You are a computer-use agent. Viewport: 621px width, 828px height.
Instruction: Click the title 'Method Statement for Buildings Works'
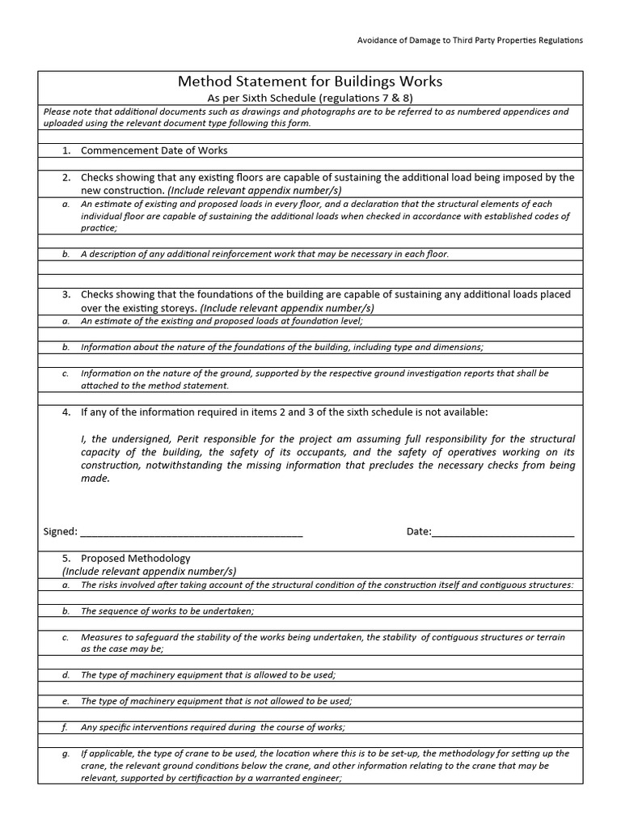click(310, 82)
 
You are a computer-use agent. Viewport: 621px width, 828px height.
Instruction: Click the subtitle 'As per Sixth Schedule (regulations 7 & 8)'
click(310, 98)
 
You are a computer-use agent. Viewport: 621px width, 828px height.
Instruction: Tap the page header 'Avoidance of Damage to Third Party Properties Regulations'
click(469, 40)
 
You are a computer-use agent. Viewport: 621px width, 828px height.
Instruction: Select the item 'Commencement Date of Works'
click(154, 150)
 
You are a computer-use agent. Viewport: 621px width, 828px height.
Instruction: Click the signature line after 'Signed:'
click(192, 532)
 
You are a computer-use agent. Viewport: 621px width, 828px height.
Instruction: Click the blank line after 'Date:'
click(503, 532)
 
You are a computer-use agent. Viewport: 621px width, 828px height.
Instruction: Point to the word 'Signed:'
click(60, 532)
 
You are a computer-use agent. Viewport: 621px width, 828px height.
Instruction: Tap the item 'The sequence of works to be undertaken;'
click(167, 611)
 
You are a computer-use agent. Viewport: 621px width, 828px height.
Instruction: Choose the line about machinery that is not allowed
click(216, 701)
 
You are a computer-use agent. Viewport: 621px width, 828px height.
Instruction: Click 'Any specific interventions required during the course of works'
click(213, 727)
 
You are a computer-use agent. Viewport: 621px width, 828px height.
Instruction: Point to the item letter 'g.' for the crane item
click(65, 753)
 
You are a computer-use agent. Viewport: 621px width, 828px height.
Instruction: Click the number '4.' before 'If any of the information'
click(66, 412)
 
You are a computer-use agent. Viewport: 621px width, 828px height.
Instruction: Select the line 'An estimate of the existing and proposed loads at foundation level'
click(222, 321)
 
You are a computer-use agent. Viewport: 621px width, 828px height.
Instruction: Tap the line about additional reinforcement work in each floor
click(264, 254)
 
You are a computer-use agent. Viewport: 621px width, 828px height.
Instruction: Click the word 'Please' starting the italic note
click(57, 112)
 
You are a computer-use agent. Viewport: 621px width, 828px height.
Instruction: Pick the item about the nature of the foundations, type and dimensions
click(281, 347)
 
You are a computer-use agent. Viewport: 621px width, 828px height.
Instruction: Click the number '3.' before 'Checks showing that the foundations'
click(66, 294)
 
